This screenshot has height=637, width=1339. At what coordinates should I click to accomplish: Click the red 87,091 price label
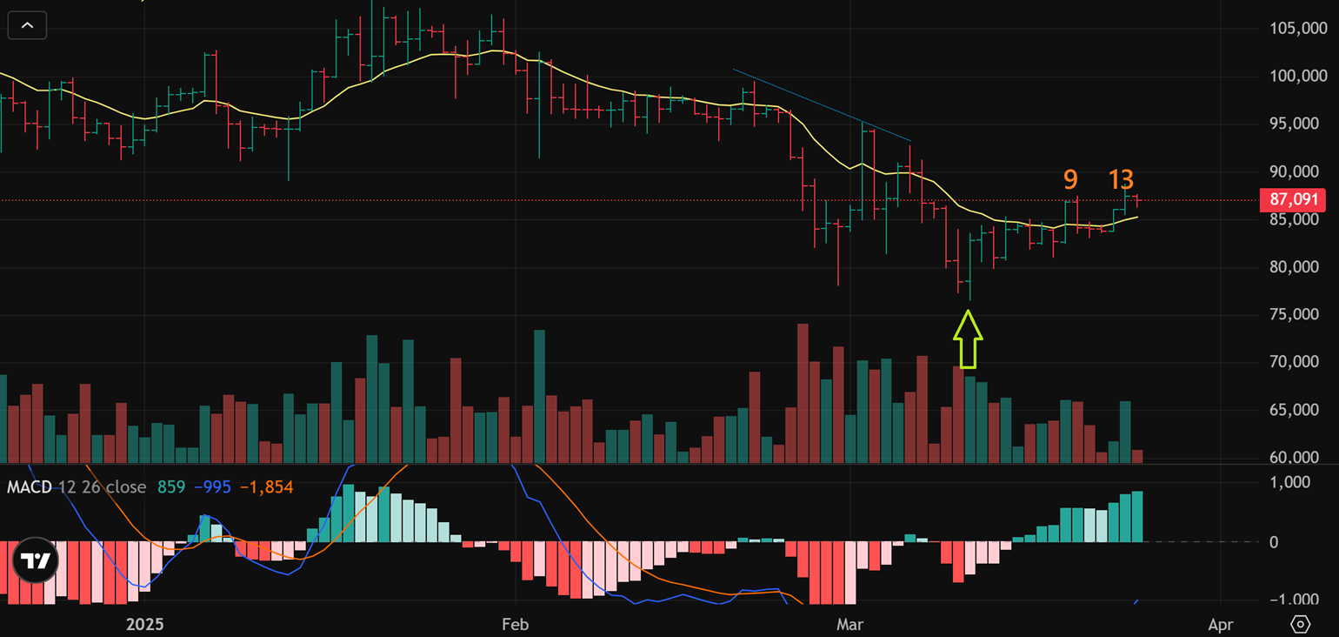(x=1293, y=199)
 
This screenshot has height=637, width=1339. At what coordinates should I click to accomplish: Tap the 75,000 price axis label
(x=1293, y=314)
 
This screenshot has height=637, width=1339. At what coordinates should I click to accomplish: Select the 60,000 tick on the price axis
(x=1293, y=457)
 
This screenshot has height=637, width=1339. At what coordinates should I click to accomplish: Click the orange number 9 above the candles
(x=1070, y=179)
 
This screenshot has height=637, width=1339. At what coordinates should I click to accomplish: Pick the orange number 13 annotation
(x=1121, y=179)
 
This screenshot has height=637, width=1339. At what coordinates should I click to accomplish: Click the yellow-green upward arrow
(x=968, y=339)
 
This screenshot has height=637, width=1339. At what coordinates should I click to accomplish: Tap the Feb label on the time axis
(x=516, y=624)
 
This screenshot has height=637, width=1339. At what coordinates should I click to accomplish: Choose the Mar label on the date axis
(x=849, y=624)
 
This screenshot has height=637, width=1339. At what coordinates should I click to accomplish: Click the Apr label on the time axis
(x=1221, y=624)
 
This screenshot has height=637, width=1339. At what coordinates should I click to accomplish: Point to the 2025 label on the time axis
(x=145, y=624)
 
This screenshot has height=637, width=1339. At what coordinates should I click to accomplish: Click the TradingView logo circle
(x=36, y=560)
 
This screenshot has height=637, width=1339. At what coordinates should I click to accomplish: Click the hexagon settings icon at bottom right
(x=1301, y=624)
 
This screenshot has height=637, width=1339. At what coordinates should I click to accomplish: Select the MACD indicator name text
(x=30, y=487)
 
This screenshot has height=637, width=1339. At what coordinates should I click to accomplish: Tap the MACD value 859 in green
(x=171, y=487)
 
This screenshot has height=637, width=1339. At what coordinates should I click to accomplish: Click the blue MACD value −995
(x=212, y=487)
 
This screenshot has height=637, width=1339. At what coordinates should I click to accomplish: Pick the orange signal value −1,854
(x=267, y=487)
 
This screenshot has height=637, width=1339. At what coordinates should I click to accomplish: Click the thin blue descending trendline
(x=822, y=104)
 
